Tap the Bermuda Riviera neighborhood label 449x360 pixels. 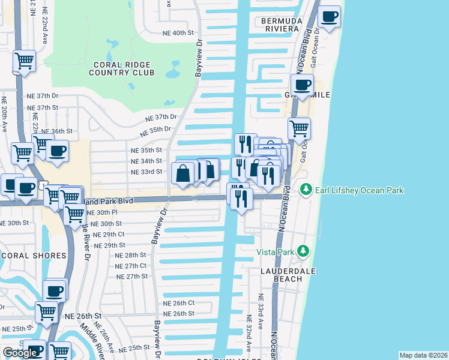[280, 24]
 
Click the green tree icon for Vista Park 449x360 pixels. [304, 251]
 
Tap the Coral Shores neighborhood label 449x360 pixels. [34, 256]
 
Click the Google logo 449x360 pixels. [20, 353]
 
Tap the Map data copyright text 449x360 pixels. [424, 355]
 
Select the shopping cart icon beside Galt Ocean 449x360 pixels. [299, 128]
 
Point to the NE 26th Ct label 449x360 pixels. [179, 303]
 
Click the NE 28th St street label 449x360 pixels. [130, 255]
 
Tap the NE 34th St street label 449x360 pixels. [146, 161]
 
